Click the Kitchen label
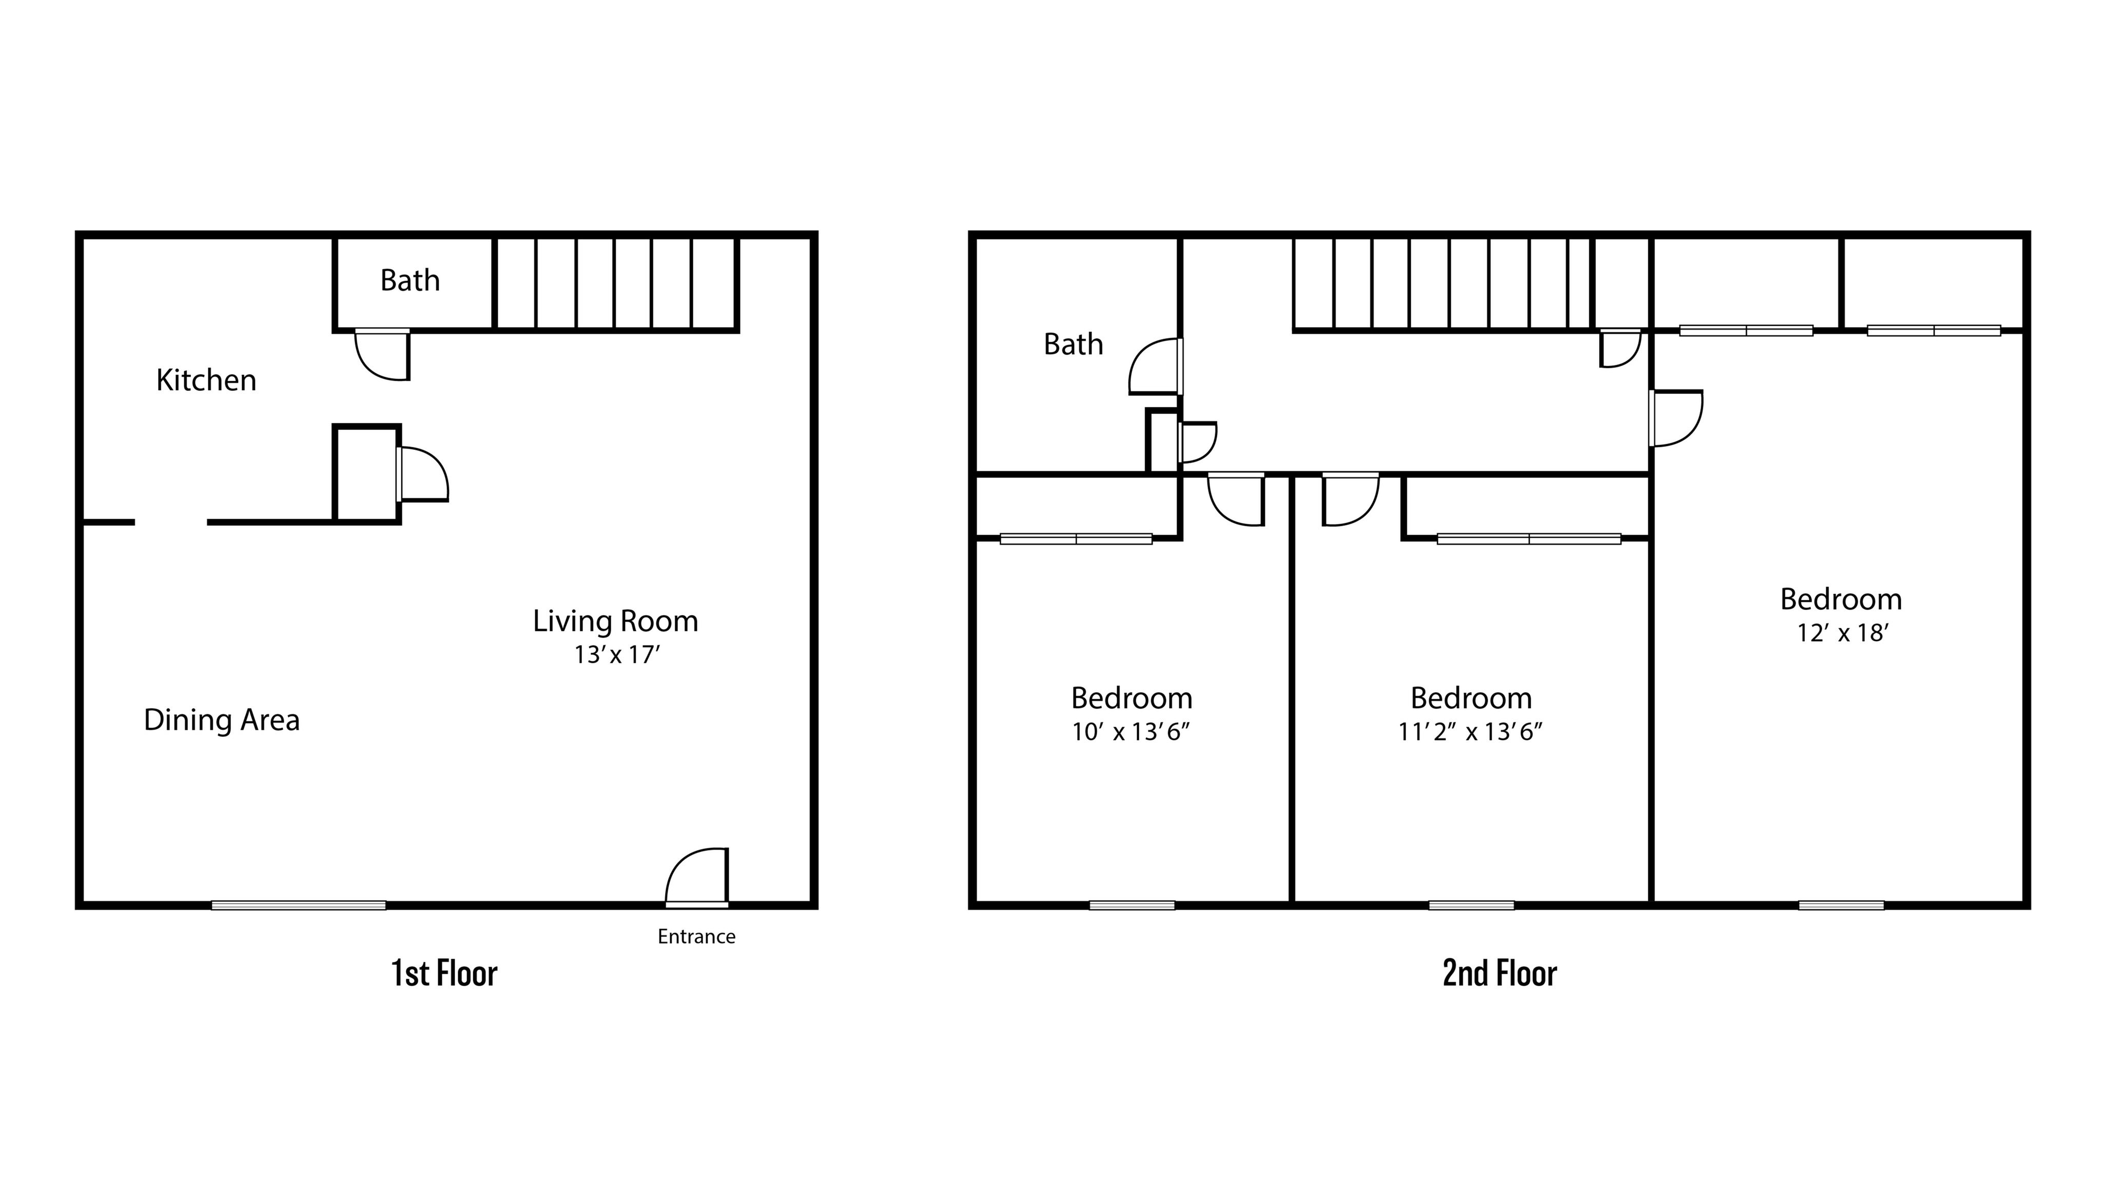(206, 380)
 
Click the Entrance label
(696, 936)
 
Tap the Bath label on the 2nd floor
(1073, 344)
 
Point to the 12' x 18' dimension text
(1842, 633)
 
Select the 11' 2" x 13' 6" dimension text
(1470, 732)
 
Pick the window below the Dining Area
(299, 904)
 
